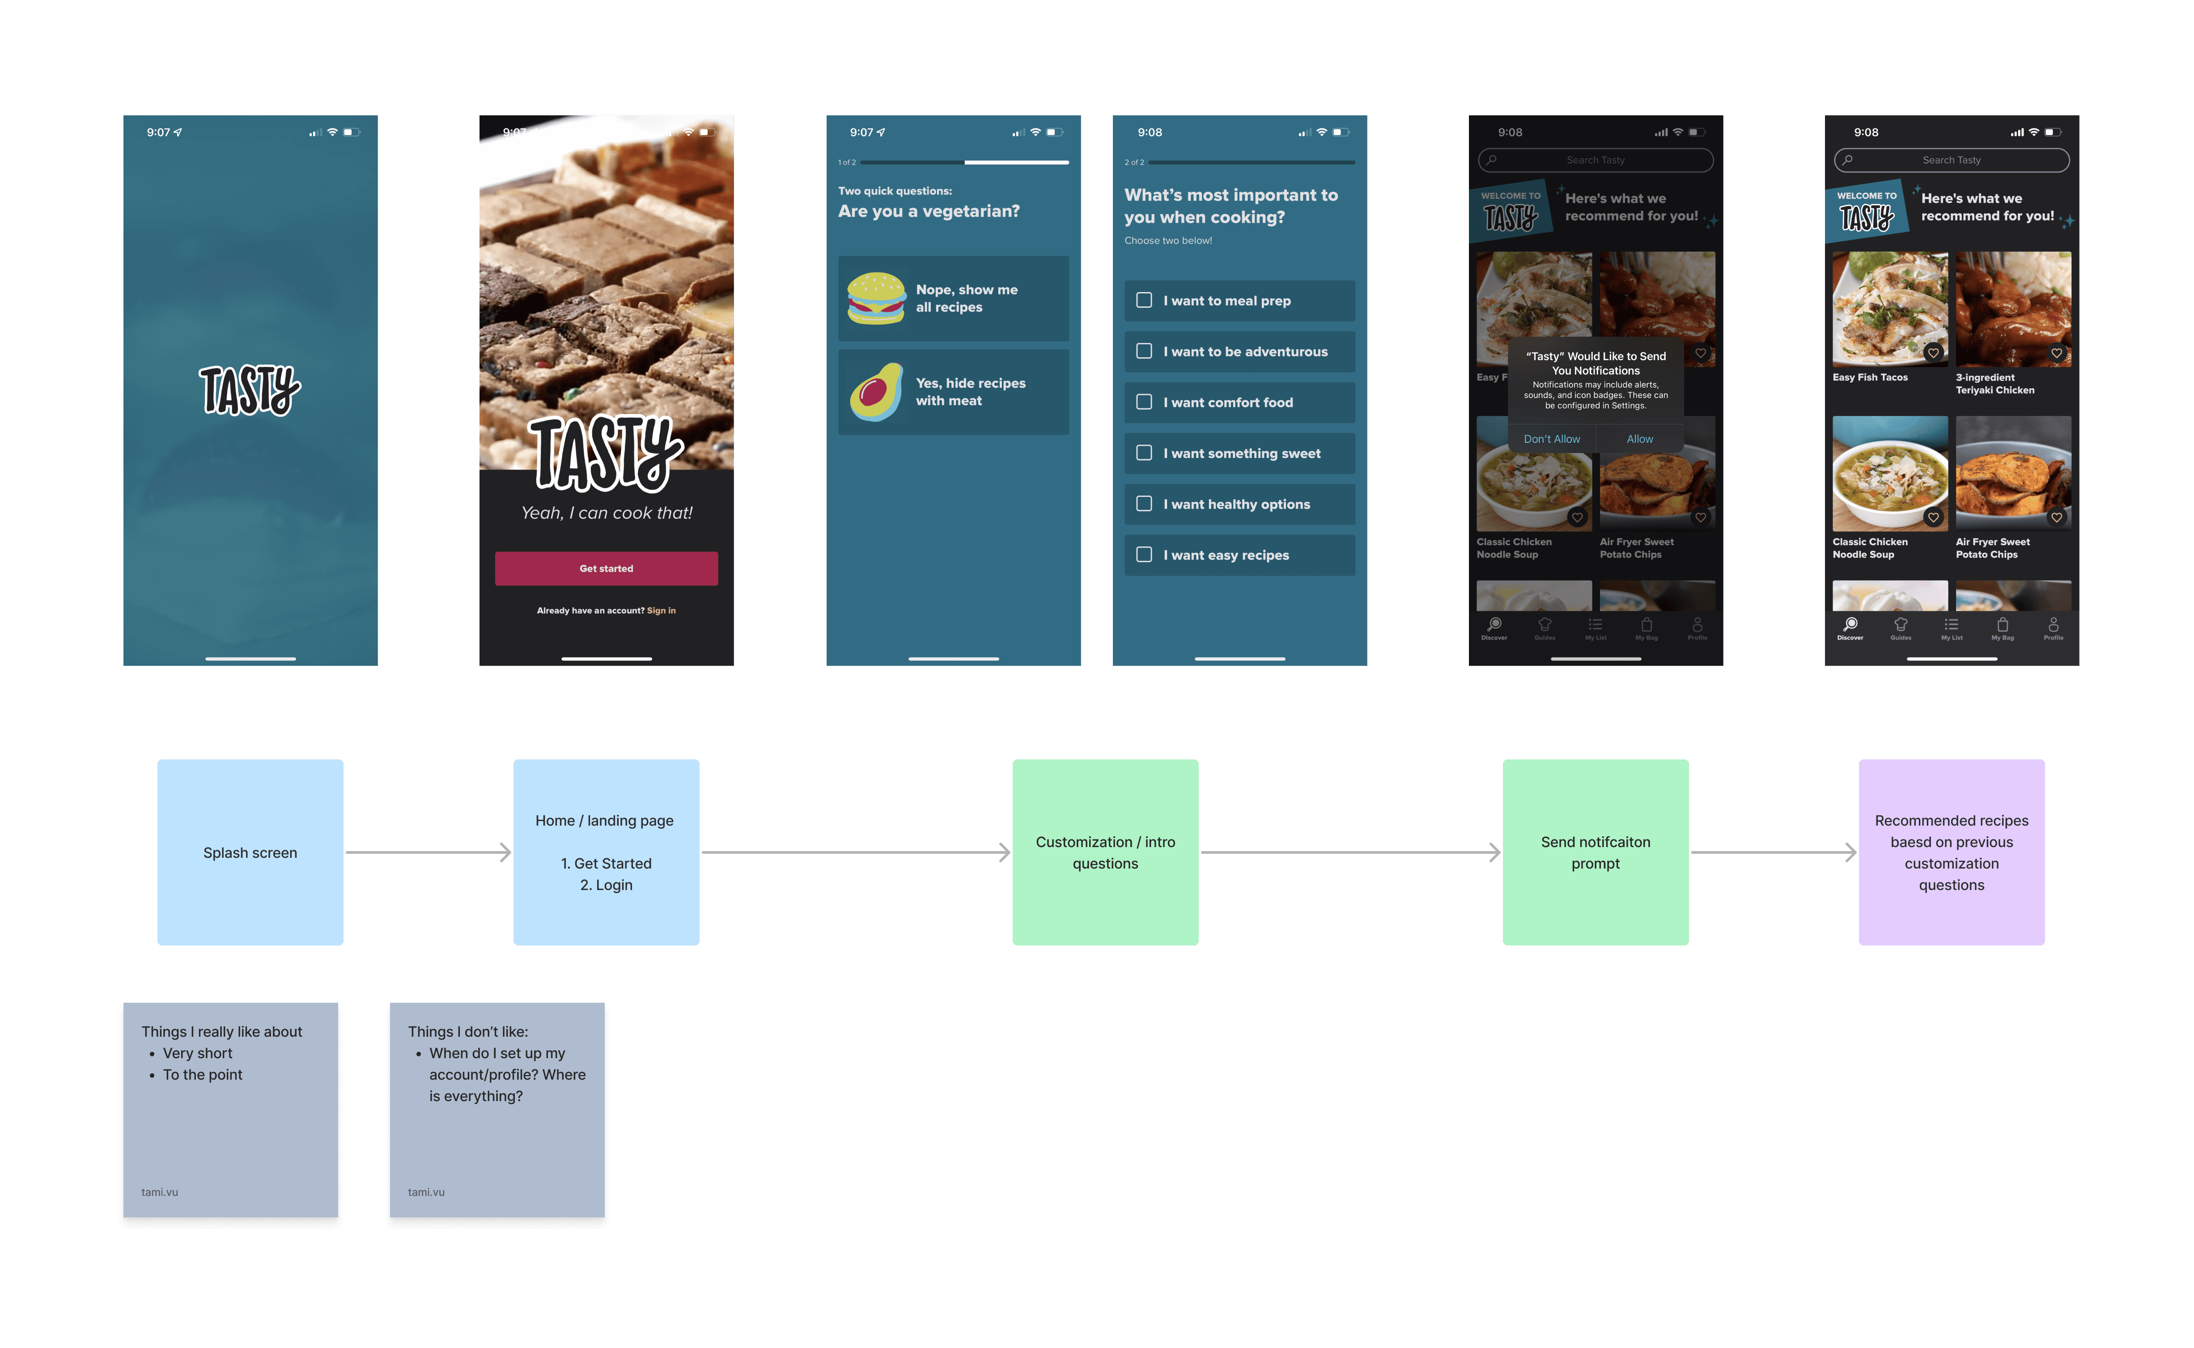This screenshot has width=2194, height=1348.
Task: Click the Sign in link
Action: click(662, 610)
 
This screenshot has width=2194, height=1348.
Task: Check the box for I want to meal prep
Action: click(1144, 301)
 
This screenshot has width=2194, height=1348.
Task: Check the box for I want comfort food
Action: click(1144, 402)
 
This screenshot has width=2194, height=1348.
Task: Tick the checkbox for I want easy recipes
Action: click(1144, 555)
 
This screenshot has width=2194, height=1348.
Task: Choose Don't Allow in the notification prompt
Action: click(1551, 439)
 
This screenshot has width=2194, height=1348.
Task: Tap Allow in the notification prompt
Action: click(1639, 439)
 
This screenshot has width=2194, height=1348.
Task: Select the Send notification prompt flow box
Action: click(1595, 852)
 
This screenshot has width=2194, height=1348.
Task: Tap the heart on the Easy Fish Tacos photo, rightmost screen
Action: click(1933, 353)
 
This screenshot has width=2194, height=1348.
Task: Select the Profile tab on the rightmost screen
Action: click(2053, 627)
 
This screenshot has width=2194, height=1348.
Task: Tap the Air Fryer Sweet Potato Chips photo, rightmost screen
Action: click(2013, 472)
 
